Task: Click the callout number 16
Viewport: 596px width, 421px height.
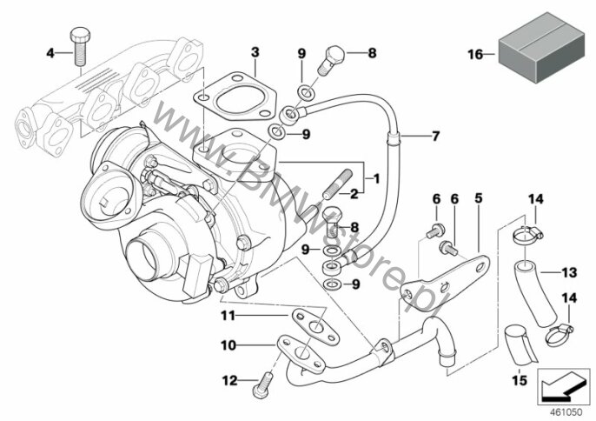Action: click(x=474, y=55)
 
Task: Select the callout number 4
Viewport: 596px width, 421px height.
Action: click(x=50, y=53)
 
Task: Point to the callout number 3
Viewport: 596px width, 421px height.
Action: click(x=255, y=52)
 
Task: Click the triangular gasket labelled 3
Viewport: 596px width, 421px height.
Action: click(x=228, y=98)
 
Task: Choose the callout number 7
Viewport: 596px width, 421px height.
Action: click(x=435, y=136)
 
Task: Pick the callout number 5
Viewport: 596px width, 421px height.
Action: click(x=477, y=199)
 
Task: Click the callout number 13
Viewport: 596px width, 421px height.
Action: click(x=568, y=272)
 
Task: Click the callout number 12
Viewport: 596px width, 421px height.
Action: click(x=229, y=380)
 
